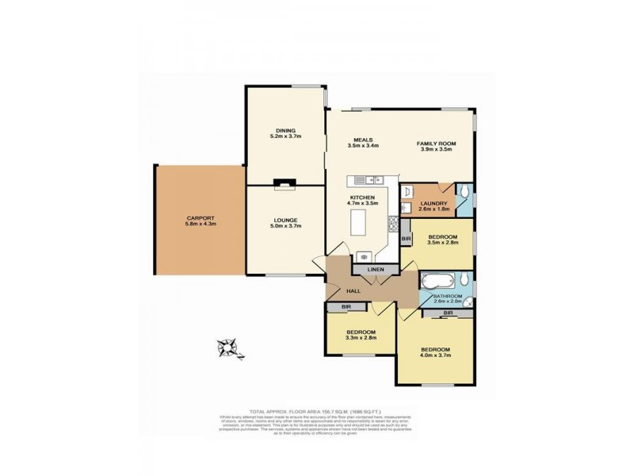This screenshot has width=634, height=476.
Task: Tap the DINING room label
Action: [285, 130]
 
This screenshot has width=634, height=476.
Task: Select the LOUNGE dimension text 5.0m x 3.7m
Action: [285, 226]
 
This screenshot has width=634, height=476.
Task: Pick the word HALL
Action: [353, 290]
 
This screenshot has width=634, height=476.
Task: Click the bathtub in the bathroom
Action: [437, 282]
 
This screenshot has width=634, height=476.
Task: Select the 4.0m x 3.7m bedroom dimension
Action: [435, 355]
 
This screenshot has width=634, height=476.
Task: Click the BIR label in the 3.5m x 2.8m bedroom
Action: [406, 239]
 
